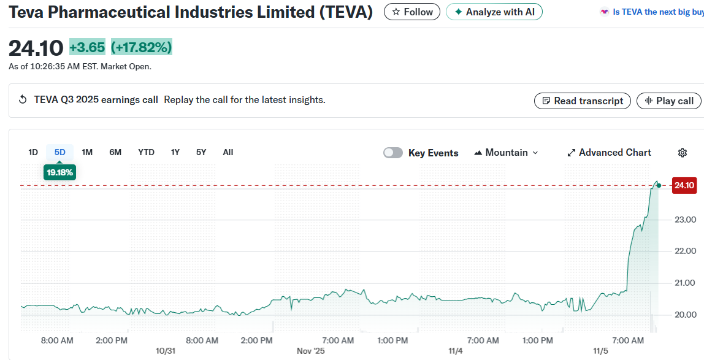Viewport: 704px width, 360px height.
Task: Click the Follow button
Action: point(412,12)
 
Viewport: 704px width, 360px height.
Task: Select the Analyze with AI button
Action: point(494,12)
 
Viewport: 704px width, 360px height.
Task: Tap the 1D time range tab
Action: point(33,152)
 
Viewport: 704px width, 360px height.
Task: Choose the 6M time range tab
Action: point(115,152)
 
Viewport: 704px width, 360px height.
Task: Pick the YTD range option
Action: point(146,152)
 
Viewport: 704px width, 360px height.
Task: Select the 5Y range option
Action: point(201,152)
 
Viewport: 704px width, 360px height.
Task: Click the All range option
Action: point(228,152)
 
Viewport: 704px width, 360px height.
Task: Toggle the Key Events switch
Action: point(393,153)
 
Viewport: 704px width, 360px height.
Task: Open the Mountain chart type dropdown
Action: point(506,152)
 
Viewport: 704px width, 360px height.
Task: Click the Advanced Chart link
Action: point(609,152)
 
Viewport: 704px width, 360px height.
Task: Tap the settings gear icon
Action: point(683,153)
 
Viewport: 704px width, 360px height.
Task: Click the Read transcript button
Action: point(582,101)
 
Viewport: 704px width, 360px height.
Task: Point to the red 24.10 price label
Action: point(684,185)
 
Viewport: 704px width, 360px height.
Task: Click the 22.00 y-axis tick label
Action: point(685,251)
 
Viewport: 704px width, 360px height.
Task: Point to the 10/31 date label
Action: point(166,351)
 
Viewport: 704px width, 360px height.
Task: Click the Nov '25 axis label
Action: point(311,351)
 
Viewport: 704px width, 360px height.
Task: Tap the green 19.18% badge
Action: point(59,172)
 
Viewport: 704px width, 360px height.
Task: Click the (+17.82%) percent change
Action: point(142,47)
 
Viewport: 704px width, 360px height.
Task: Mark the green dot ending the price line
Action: point(659,185)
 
